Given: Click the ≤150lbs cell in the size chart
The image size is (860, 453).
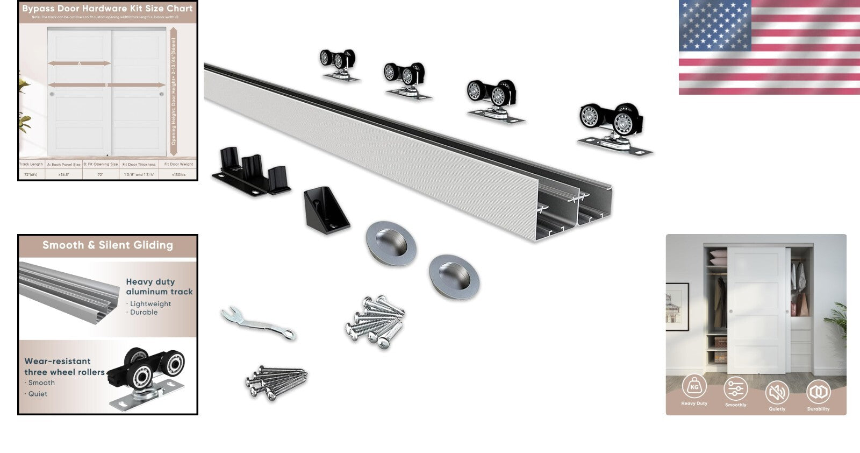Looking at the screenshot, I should point(178,174).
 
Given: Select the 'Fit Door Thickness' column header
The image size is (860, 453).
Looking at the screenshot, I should point(139,164).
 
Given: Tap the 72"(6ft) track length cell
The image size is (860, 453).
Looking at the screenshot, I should point(31,174).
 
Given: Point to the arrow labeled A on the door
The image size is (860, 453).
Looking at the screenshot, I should point(79,63).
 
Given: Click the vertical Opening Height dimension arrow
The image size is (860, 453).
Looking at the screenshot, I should point(173,86).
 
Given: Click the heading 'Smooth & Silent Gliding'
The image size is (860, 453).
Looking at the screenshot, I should point(107,245).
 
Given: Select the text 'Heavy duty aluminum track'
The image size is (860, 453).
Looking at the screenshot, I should point(159,287).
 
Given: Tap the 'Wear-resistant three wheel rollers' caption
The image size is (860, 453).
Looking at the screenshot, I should point(64,366).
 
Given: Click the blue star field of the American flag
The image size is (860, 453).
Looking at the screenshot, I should point(714,25).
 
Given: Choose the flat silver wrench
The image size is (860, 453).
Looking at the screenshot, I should point(259,323).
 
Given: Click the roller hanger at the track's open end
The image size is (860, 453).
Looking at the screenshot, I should point(613,127).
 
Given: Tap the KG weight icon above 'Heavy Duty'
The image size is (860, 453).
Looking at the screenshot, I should point(694,387).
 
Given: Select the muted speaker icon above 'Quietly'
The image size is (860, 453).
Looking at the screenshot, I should point(777,393).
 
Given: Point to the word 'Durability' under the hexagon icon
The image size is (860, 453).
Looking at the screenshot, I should point(818,409).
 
